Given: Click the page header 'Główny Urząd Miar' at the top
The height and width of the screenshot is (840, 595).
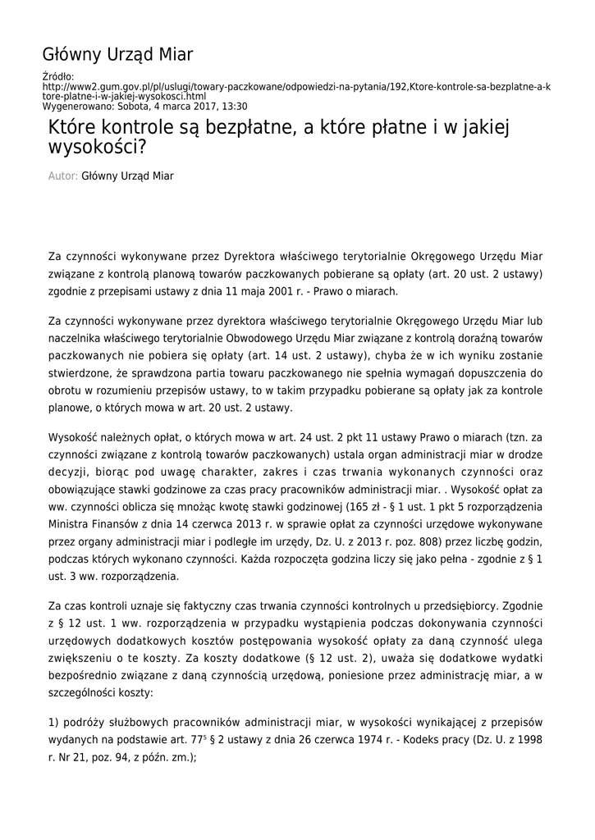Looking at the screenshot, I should [117, 55].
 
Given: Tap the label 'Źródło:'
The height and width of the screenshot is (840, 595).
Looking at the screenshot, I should [57, 77].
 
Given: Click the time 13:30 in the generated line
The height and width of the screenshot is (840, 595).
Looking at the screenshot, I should [234, 107].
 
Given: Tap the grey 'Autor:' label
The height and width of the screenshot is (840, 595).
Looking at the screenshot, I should [63, 176].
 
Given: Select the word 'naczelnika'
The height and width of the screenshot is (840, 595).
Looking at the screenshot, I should [78, 339].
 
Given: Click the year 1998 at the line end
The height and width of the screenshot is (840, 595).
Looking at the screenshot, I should [527, 741].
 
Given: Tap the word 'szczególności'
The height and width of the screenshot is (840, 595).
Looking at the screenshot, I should [84, 693].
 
